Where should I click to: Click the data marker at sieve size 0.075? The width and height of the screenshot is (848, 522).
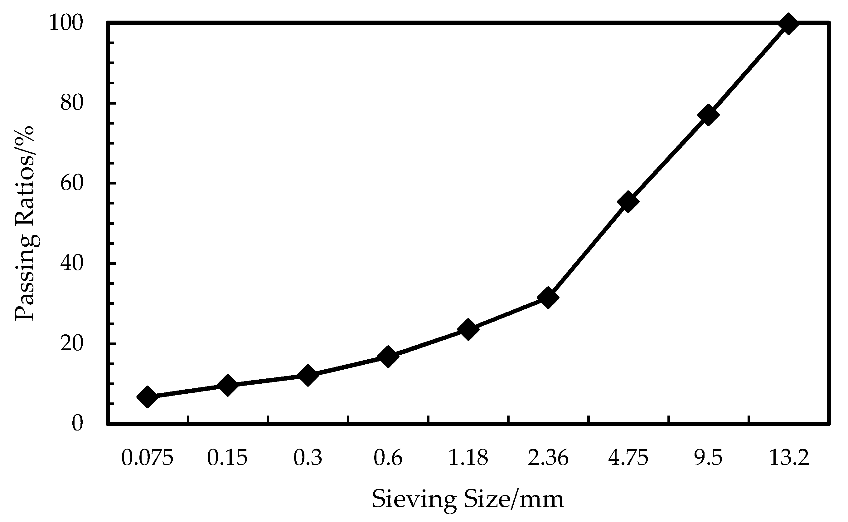tap(147, 397)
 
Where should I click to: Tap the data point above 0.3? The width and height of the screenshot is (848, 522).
tap(308, 375)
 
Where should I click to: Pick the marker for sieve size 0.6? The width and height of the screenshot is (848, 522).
tap(388, 356)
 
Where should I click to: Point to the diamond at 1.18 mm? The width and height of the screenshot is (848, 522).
tap(468, 329)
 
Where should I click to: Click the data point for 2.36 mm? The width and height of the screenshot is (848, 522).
tap(548, 298)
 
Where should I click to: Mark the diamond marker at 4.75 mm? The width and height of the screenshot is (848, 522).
tap(628, 201)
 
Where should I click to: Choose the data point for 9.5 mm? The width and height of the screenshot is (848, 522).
tap(708, 115)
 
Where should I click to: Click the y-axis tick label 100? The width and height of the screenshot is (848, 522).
tap(66, 23)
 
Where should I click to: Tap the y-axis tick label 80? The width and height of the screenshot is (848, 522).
tap(72, 103)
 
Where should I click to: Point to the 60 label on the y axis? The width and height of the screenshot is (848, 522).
tap(72, 183)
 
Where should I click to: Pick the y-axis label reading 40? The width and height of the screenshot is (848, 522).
tap(72, 263)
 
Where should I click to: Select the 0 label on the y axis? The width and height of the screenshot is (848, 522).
tap(77, 424)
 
